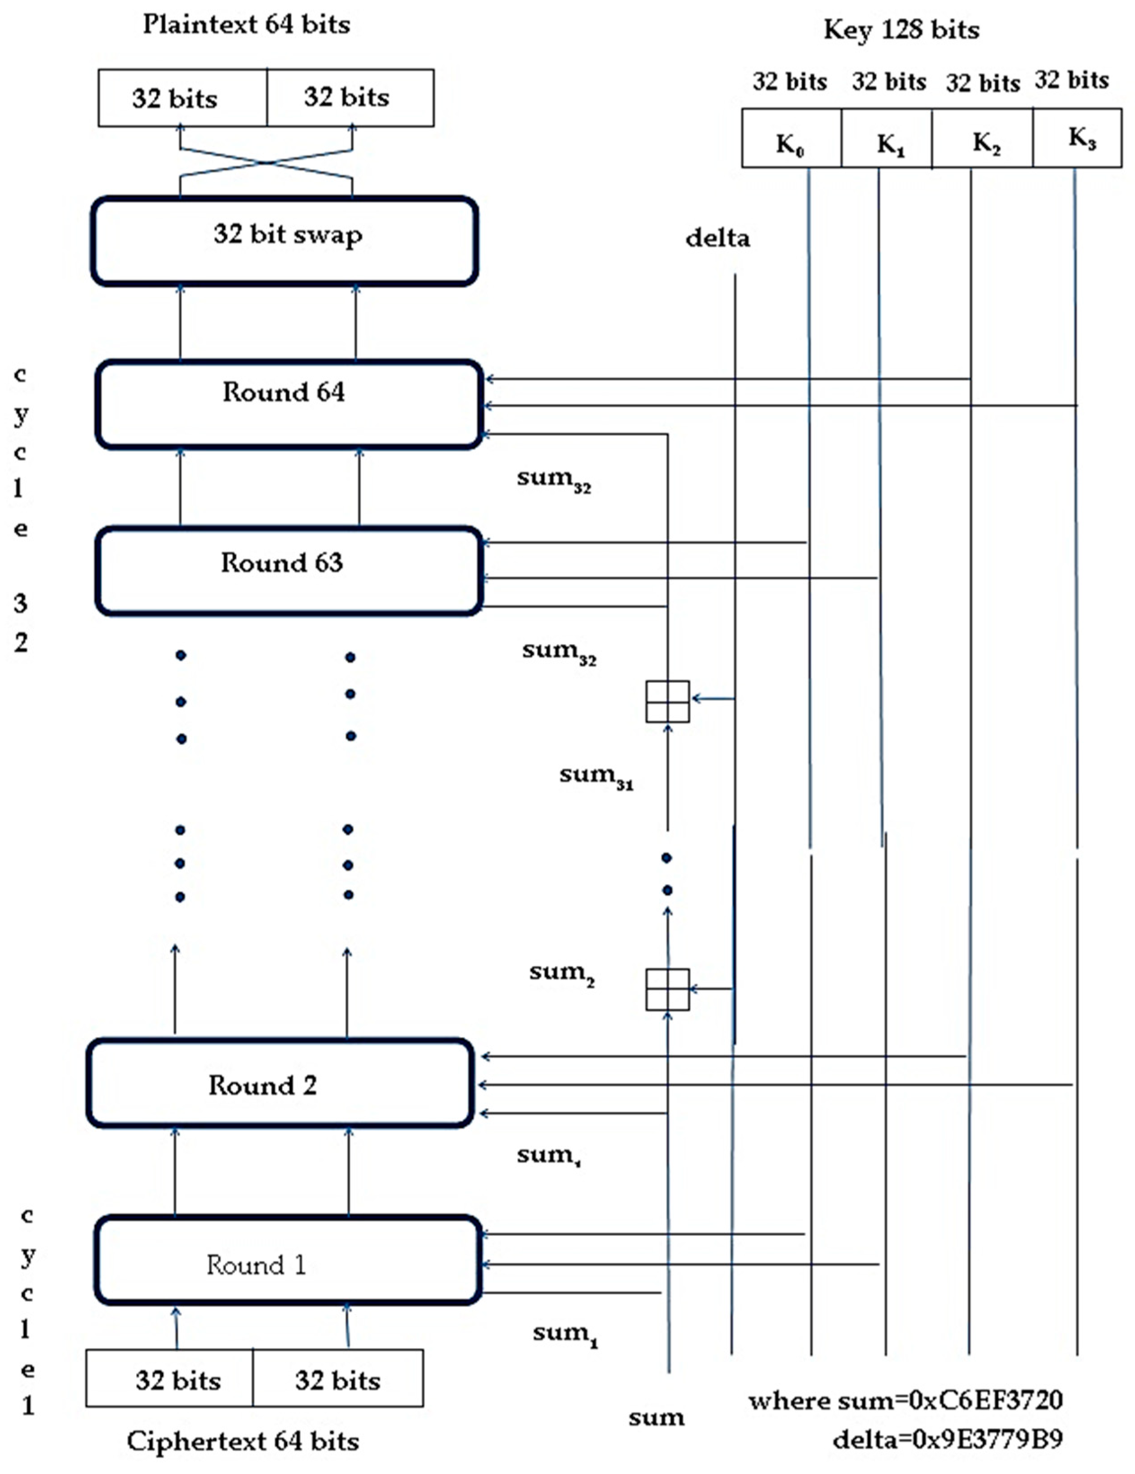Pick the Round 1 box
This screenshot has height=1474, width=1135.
[288, 1264]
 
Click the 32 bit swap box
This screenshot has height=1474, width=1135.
[285, 241]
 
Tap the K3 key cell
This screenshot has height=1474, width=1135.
[1077, 138]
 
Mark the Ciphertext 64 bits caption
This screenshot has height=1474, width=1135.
[243, 1440]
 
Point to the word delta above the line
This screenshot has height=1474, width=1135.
[717, 237]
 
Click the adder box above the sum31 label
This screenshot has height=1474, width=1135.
[667, 701]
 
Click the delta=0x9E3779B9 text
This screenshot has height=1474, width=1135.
[948, 1439]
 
